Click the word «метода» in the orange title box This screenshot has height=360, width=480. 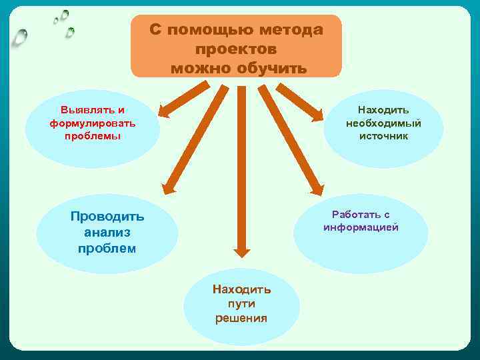point(291,31)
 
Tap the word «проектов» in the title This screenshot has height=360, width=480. point(237,49)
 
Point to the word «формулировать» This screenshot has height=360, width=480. point(93,123)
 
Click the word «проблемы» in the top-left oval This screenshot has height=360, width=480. point(93,136)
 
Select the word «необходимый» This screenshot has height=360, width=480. point(383,123)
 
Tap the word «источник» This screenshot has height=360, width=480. point(383,136)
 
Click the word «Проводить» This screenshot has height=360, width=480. point(107,217)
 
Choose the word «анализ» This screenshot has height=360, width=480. point(107,233)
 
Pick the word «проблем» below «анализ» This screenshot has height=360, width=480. point(107,249)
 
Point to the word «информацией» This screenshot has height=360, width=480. point(361,227)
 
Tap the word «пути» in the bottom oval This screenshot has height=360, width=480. point(241,304)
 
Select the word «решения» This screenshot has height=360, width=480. point(241,318)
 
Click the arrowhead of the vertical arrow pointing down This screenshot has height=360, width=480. point(242,251)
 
